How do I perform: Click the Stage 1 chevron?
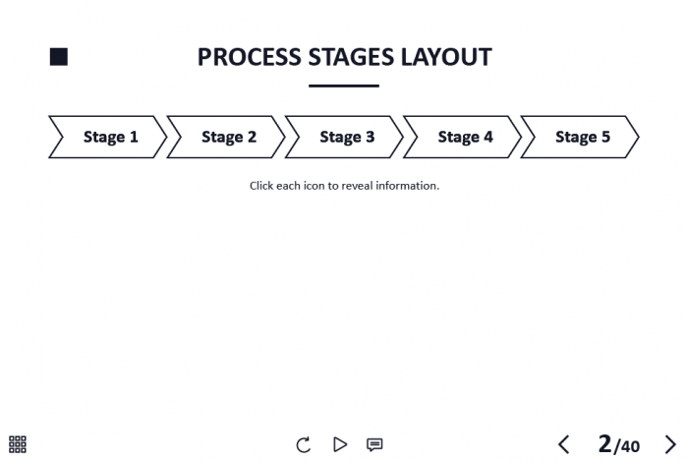point(108,137)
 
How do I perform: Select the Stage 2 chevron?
point(226,137)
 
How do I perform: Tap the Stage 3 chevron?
point(344,137)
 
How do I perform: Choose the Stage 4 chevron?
point(463,137)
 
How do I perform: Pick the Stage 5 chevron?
point(580,137)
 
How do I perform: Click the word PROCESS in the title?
point(250,57)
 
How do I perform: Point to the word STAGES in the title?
point(351,57)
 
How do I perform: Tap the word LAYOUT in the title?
point(446,57)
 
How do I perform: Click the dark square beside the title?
point(59,57)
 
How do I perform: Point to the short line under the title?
point(344,86)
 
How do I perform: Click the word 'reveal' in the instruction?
point(357,186)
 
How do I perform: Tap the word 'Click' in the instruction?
point(261,186)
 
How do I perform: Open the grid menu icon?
point(18,444)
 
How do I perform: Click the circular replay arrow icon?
point(303,444)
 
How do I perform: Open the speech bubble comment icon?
point(374,445)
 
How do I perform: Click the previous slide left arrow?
point(564,444)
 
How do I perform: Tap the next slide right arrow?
point(670,444)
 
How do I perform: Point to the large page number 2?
point(604,443)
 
